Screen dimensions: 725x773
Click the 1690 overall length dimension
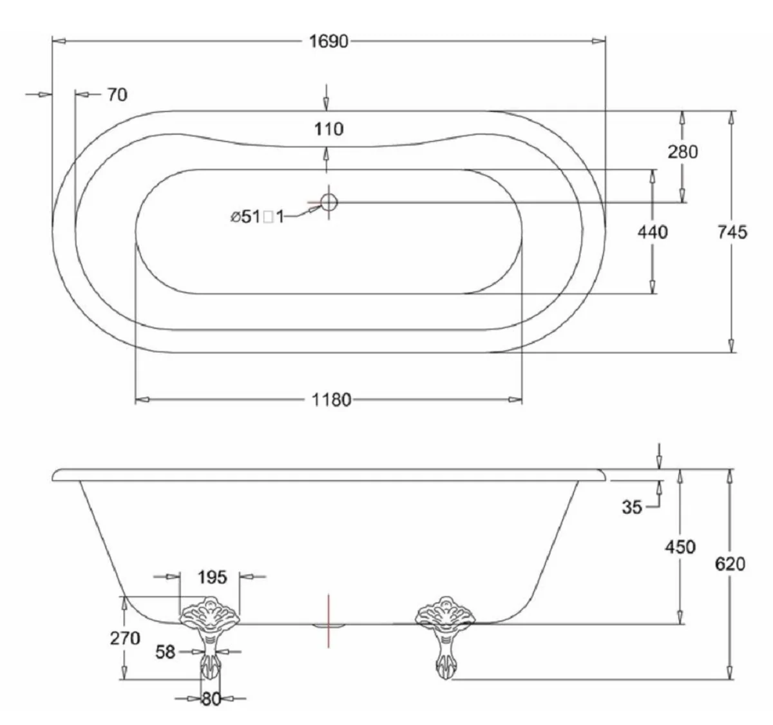click(329, 42)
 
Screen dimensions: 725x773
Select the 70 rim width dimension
click(117, 95)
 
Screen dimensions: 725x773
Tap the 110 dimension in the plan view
click(329, 129)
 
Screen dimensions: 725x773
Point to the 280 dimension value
click(683, 152)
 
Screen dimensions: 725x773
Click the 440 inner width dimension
click(653, 232)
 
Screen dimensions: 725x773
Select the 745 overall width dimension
click(732, 232)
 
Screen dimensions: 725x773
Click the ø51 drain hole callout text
click(257, 217)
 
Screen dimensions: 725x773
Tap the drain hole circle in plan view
click(329, 202)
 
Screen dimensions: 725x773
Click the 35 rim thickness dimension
click(632, 507)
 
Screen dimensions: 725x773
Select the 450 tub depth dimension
click(680, 547)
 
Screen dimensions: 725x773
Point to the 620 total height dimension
click(730, 563)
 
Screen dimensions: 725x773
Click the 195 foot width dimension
click(212, 577)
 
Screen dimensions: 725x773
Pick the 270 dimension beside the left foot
click(125, 638)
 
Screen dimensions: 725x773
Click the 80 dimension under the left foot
click(211, 699)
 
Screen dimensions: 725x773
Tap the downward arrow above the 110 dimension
click(327, 99)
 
